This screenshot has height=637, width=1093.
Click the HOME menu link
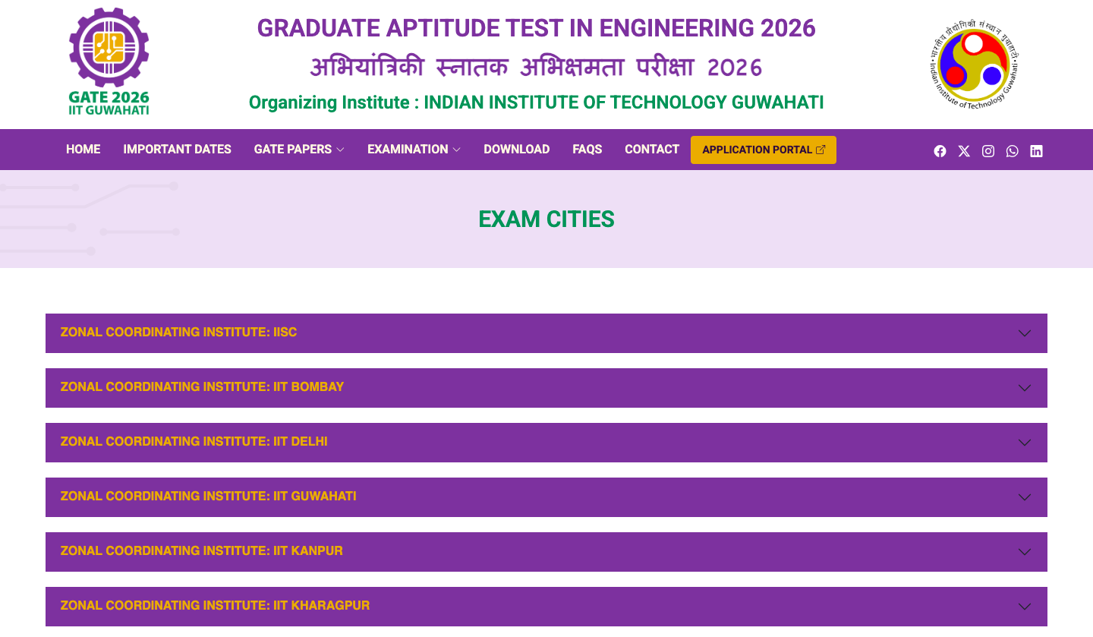[x=83, y=150]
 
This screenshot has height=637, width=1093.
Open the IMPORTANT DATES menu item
[x=177, y=150]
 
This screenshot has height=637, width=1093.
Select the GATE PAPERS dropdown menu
[x=298, y=150]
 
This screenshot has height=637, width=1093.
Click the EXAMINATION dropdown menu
[x=414, y=150]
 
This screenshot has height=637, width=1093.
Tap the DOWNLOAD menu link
[x=517, y=150]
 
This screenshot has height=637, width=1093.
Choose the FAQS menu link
[x=587, y=150]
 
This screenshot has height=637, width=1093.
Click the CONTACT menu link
[x=652, y=150]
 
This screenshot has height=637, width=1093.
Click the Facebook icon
[x=940, y=151]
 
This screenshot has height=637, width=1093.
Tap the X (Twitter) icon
[x=964, y=151]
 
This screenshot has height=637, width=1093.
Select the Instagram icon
[x=988, y=151]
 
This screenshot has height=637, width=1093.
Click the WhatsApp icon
[x=1012, y=151]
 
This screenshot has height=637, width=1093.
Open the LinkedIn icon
[x=1036, y=151]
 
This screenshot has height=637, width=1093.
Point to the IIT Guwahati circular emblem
[x=975, y=65]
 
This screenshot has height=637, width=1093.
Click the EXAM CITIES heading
[x=546, y=219]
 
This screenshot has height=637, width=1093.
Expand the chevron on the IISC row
[x=1025, y=333]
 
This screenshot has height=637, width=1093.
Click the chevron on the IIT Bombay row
[x=1025, y=388]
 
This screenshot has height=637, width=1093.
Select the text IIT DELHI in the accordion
[x=300, y=441]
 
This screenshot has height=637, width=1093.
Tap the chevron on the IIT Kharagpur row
[x=1025, y=607]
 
